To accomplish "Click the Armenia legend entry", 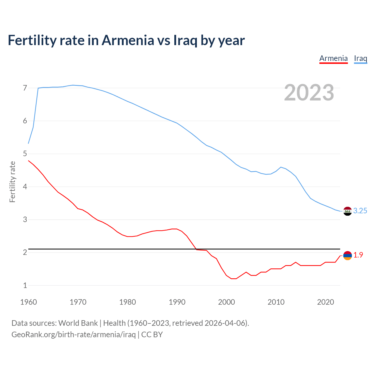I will coord(333,58).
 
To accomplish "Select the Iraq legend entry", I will coord(360,58).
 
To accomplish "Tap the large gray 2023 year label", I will coord(309,93).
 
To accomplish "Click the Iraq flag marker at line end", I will coord(347,211).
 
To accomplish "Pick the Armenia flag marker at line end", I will coord(347,255).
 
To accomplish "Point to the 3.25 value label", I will coord(360,211).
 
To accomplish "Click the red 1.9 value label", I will coord(358,255).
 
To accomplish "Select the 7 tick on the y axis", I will coord(25,88).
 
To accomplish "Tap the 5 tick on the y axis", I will coord(25,154).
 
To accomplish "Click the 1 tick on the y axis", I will coord(25,285).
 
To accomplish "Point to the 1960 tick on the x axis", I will coord(28,302).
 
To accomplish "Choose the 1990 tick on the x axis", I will coord(177,302).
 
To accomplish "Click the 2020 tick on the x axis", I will coord(325,302).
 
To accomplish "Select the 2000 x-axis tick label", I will coord(226,302).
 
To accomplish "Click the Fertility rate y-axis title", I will coord(12,182).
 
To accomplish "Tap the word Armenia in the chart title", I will coord(127,40).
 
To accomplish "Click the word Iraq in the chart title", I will coord(185,40).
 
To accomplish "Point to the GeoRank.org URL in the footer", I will coord(73,335).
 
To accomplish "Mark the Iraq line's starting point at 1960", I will coord(28,144).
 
